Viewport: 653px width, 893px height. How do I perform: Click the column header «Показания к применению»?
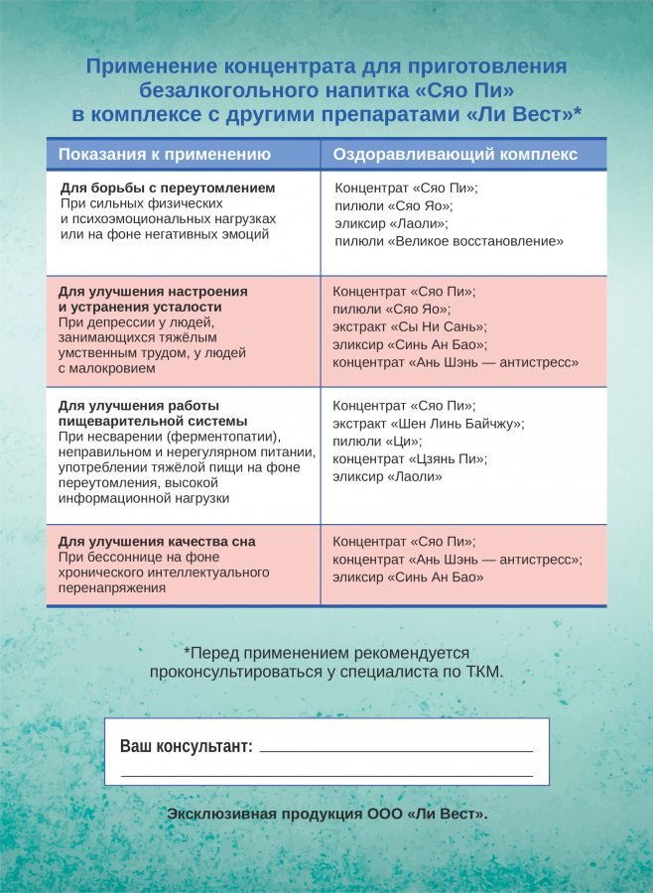(x=164, y=154)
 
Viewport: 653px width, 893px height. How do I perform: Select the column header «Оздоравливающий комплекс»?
(x=455, y=154)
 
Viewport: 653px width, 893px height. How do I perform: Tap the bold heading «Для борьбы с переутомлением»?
(x=168, y=188)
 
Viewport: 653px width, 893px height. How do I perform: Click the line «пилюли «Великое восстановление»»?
(x=449, y=241)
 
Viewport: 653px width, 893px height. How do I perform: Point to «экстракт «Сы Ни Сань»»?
(x=409, y=327)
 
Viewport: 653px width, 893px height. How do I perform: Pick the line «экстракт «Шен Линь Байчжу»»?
(x=428, y=424)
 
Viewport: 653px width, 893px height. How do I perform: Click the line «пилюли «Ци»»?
(x=369, y=442)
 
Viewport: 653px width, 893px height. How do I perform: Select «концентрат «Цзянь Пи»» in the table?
(x=410, y=459)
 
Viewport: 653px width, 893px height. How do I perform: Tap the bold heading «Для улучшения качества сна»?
(x=157, y=542)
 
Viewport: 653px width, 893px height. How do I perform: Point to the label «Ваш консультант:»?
(x=186, y=746)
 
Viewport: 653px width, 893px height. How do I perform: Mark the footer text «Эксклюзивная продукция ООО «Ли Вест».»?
(x=327, y=814)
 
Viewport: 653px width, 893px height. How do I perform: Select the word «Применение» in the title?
(x=149, y=66)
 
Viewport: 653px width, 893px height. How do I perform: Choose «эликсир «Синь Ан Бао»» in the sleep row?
(x=408, y=577)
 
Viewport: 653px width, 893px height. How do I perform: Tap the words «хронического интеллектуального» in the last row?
(x=164, y=573)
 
